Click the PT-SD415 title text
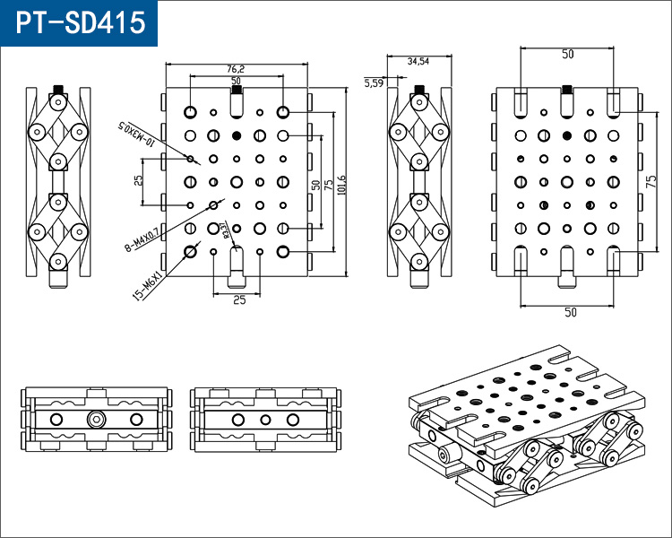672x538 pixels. click(79, 22)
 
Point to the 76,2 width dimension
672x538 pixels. click(237, 69)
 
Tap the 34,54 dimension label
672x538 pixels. click(418, 62)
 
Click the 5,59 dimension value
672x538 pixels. click(374, 82)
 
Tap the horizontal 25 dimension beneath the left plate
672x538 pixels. click(239, 300)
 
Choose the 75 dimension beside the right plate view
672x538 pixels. click(651, 181)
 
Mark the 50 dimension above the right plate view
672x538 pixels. click(567, 55)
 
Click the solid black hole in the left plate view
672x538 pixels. click(237, 135)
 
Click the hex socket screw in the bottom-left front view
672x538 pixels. click(96, 419)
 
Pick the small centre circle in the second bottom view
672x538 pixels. click(265, 419)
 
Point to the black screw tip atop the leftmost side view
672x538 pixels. click(58, 90)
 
